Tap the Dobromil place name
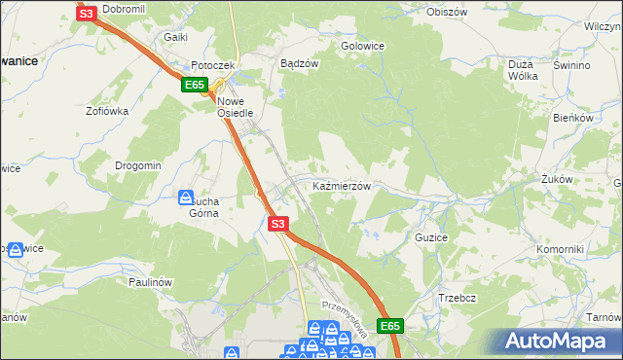[123, 9]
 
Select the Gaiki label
[175, 36]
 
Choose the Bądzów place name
[300, 63]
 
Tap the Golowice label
[362, 45]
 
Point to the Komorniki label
[560, 249]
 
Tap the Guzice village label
[430, 236]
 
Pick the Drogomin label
[137, 165]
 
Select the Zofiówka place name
[107, 111]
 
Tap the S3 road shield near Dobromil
[87, 14]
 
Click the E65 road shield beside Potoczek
[193, 86]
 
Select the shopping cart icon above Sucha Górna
[186, 197]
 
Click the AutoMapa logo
[555, 341]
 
